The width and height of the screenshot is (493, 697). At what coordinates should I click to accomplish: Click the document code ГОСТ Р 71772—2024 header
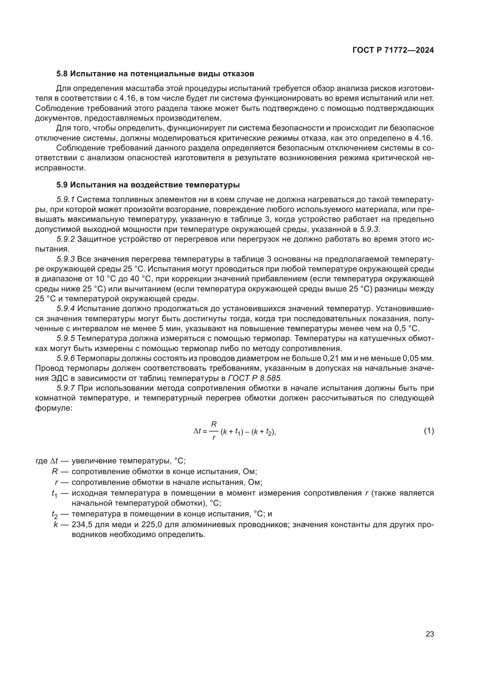pyautogui.click(x=393, y=50)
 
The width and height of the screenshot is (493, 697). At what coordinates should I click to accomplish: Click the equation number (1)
pyautogui.click(x=429, y=431)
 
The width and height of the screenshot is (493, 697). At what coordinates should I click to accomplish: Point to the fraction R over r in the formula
pyautogui.click(x=214, y=431)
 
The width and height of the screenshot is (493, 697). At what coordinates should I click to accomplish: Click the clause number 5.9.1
pyautogui.click(x=66, y=199)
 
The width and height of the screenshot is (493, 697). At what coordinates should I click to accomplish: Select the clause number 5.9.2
pyautogui.click(x=66, y=239)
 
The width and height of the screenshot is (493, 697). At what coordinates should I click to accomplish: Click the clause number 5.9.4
pyautogui.click(x=66, y=309)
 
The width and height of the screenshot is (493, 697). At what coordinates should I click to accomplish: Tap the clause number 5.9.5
pyautogui.click(x=66, y=339)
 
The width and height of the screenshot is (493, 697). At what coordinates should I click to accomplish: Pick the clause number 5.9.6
pyautogui.click(x=65, y=358)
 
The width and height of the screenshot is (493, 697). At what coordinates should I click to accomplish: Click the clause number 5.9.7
pyautogui.click(x=66, y=388)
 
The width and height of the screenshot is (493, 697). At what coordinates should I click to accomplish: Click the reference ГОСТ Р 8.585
pyautogui.click(x=255, y=378)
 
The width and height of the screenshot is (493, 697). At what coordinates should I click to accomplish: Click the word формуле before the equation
pyautogui.click(x=53, y=408)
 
